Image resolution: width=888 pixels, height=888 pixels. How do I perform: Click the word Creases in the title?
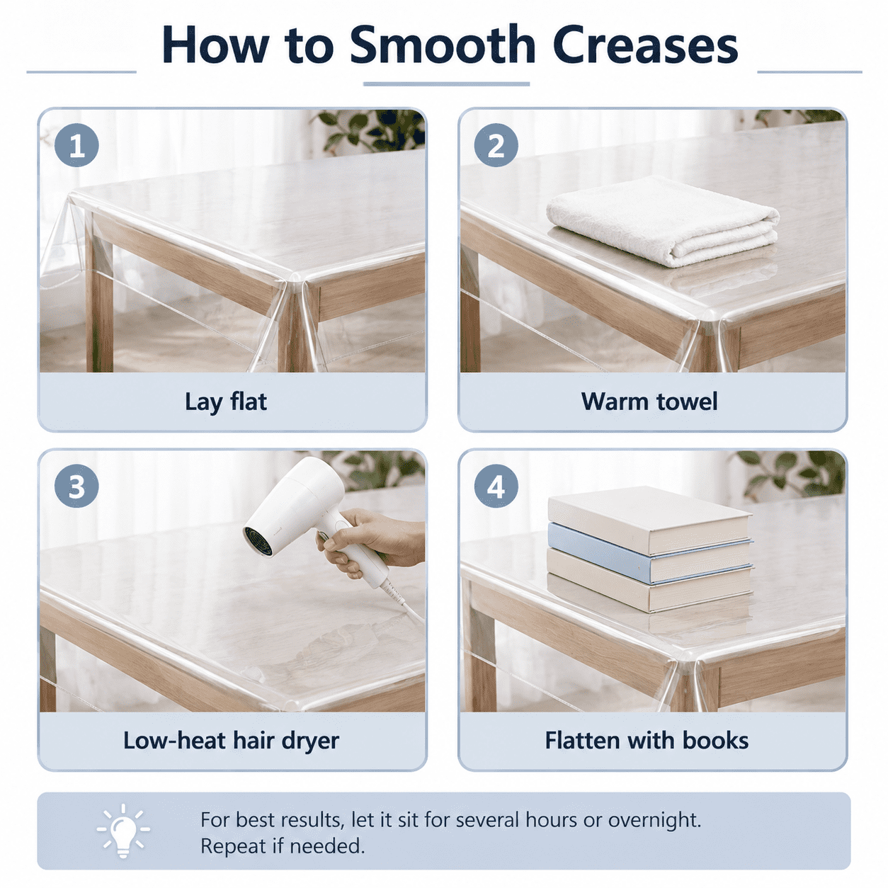(x=644, y=45)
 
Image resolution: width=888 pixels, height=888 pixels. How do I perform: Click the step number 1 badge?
(x=76, y=145)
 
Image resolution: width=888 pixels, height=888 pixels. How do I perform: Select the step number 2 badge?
(x=496, y=145)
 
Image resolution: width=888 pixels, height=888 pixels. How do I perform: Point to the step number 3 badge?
(x=76, y=486)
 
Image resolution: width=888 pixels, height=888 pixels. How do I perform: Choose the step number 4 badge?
(x=496, y=486)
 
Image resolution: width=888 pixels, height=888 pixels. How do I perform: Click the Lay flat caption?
(x=226, y=402)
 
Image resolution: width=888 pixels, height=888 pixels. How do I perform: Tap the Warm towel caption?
(x=649, y=402)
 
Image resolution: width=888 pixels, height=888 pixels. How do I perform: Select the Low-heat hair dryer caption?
(x=231, y=741)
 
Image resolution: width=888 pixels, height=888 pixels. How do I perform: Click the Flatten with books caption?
(x=647, y=741)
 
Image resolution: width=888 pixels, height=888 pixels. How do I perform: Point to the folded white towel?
(x=663, y=220)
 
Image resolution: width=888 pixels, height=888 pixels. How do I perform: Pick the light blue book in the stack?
(x=650, y=552)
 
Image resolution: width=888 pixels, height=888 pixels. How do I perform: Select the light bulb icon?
(x=123, y=831)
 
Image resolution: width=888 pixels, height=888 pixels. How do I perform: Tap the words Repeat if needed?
(x=283, y=846)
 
